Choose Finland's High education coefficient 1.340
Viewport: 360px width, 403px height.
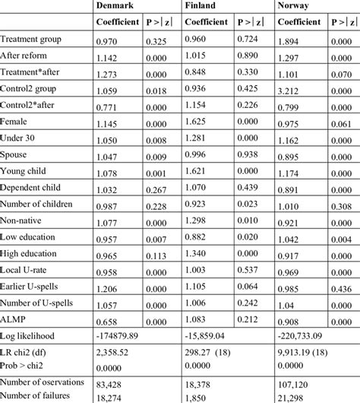pyautogui.click(x=199, y=252)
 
